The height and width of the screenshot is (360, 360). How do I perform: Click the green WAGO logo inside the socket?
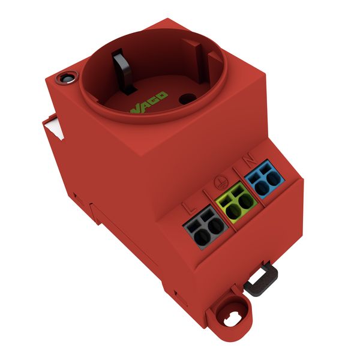149,103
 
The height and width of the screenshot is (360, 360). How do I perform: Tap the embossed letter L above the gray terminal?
190,206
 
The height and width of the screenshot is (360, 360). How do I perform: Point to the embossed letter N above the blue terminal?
250,158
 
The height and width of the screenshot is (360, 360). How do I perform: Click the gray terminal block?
206,227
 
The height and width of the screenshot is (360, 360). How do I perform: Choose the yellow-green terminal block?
236,203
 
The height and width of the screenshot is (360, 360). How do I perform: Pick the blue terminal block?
265,179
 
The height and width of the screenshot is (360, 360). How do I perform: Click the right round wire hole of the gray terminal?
216,226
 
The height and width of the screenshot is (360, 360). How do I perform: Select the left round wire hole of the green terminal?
233,212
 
